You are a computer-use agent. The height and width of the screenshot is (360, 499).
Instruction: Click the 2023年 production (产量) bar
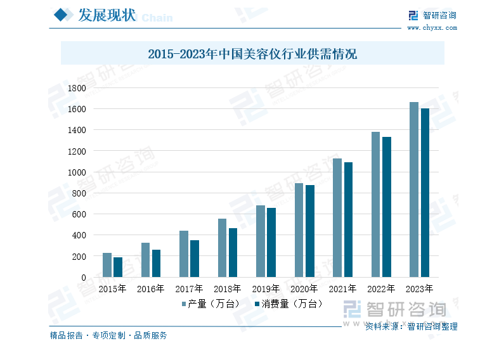pos(414,190)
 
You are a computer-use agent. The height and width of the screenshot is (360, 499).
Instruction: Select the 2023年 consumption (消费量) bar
pos(425,193)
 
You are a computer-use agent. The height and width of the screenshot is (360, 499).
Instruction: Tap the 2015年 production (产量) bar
pos(107,265)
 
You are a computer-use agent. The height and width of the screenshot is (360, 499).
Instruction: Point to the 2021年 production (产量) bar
pos(337,217)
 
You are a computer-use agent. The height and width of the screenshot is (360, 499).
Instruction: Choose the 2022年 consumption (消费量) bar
pos(387,207)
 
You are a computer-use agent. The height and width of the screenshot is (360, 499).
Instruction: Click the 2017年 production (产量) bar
pos(184,254)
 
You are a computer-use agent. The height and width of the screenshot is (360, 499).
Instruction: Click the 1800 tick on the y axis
pos(76,88)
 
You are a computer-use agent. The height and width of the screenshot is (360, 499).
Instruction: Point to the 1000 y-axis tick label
pos(76,172)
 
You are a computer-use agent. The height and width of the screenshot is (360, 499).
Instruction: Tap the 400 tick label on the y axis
pos(79,235)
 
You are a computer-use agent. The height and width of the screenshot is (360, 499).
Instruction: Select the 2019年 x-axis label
pos(266,289)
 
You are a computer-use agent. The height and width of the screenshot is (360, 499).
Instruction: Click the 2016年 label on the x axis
pos(151,289)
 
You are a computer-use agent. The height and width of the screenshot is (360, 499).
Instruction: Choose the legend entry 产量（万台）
pos(211,304)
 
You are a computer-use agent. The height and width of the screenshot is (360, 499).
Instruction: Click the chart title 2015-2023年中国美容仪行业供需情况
pos(252,54)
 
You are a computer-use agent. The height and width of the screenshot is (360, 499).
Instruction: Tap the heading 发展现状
pos(106,16)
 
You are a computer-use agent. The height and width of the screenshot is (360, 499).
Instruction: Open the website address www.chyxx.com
pos(431,28)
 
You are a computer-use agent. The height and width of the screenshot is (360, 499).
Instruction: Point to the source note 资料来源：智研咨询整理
pos(411,327)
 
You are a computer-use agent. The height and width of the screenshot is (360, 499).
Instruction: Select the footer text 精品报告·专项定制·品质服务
pos(108,335)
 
